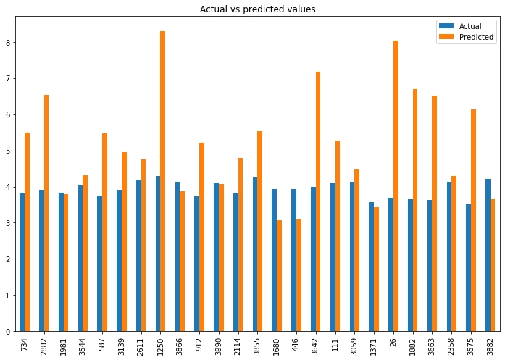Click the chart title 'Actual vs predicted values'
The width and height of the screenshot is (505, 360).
click(x=257, y=9)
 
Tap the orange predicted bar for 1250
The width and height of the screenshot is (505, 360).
click(x=162, y=181)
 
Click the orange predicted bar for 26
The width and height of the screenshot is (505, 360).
click(x=396, y=185)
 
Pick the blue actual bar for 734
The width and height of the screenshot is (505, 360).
click(x=22, y=261)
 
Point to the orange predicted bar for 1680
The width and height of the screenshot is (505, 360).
click(x=279, y=275)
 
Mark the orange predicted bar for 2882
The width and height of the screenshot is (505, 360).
click(x=46, y=213)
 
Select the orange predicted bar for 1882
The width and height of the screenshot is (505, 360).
click(x=415, y=210)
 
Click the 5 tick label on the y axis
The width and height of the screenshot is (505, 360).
click(x=9, y=151)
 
